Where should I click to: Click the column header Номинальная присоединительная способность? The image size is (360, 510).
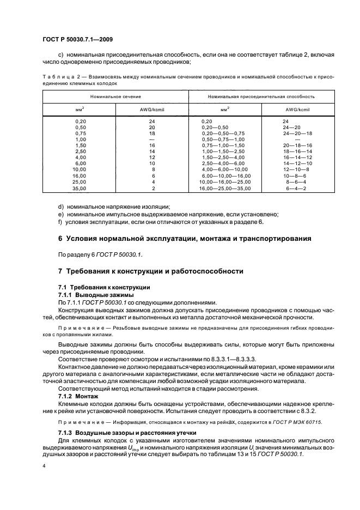pyautogui.click(x=253, y=96)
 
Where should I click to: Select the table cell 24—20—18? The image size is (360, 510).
pyautogui.click(x=297, y=133)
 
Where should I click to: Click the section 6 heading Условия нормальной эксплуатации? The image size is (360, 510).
pyautogui.click(x=185, y=238)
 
